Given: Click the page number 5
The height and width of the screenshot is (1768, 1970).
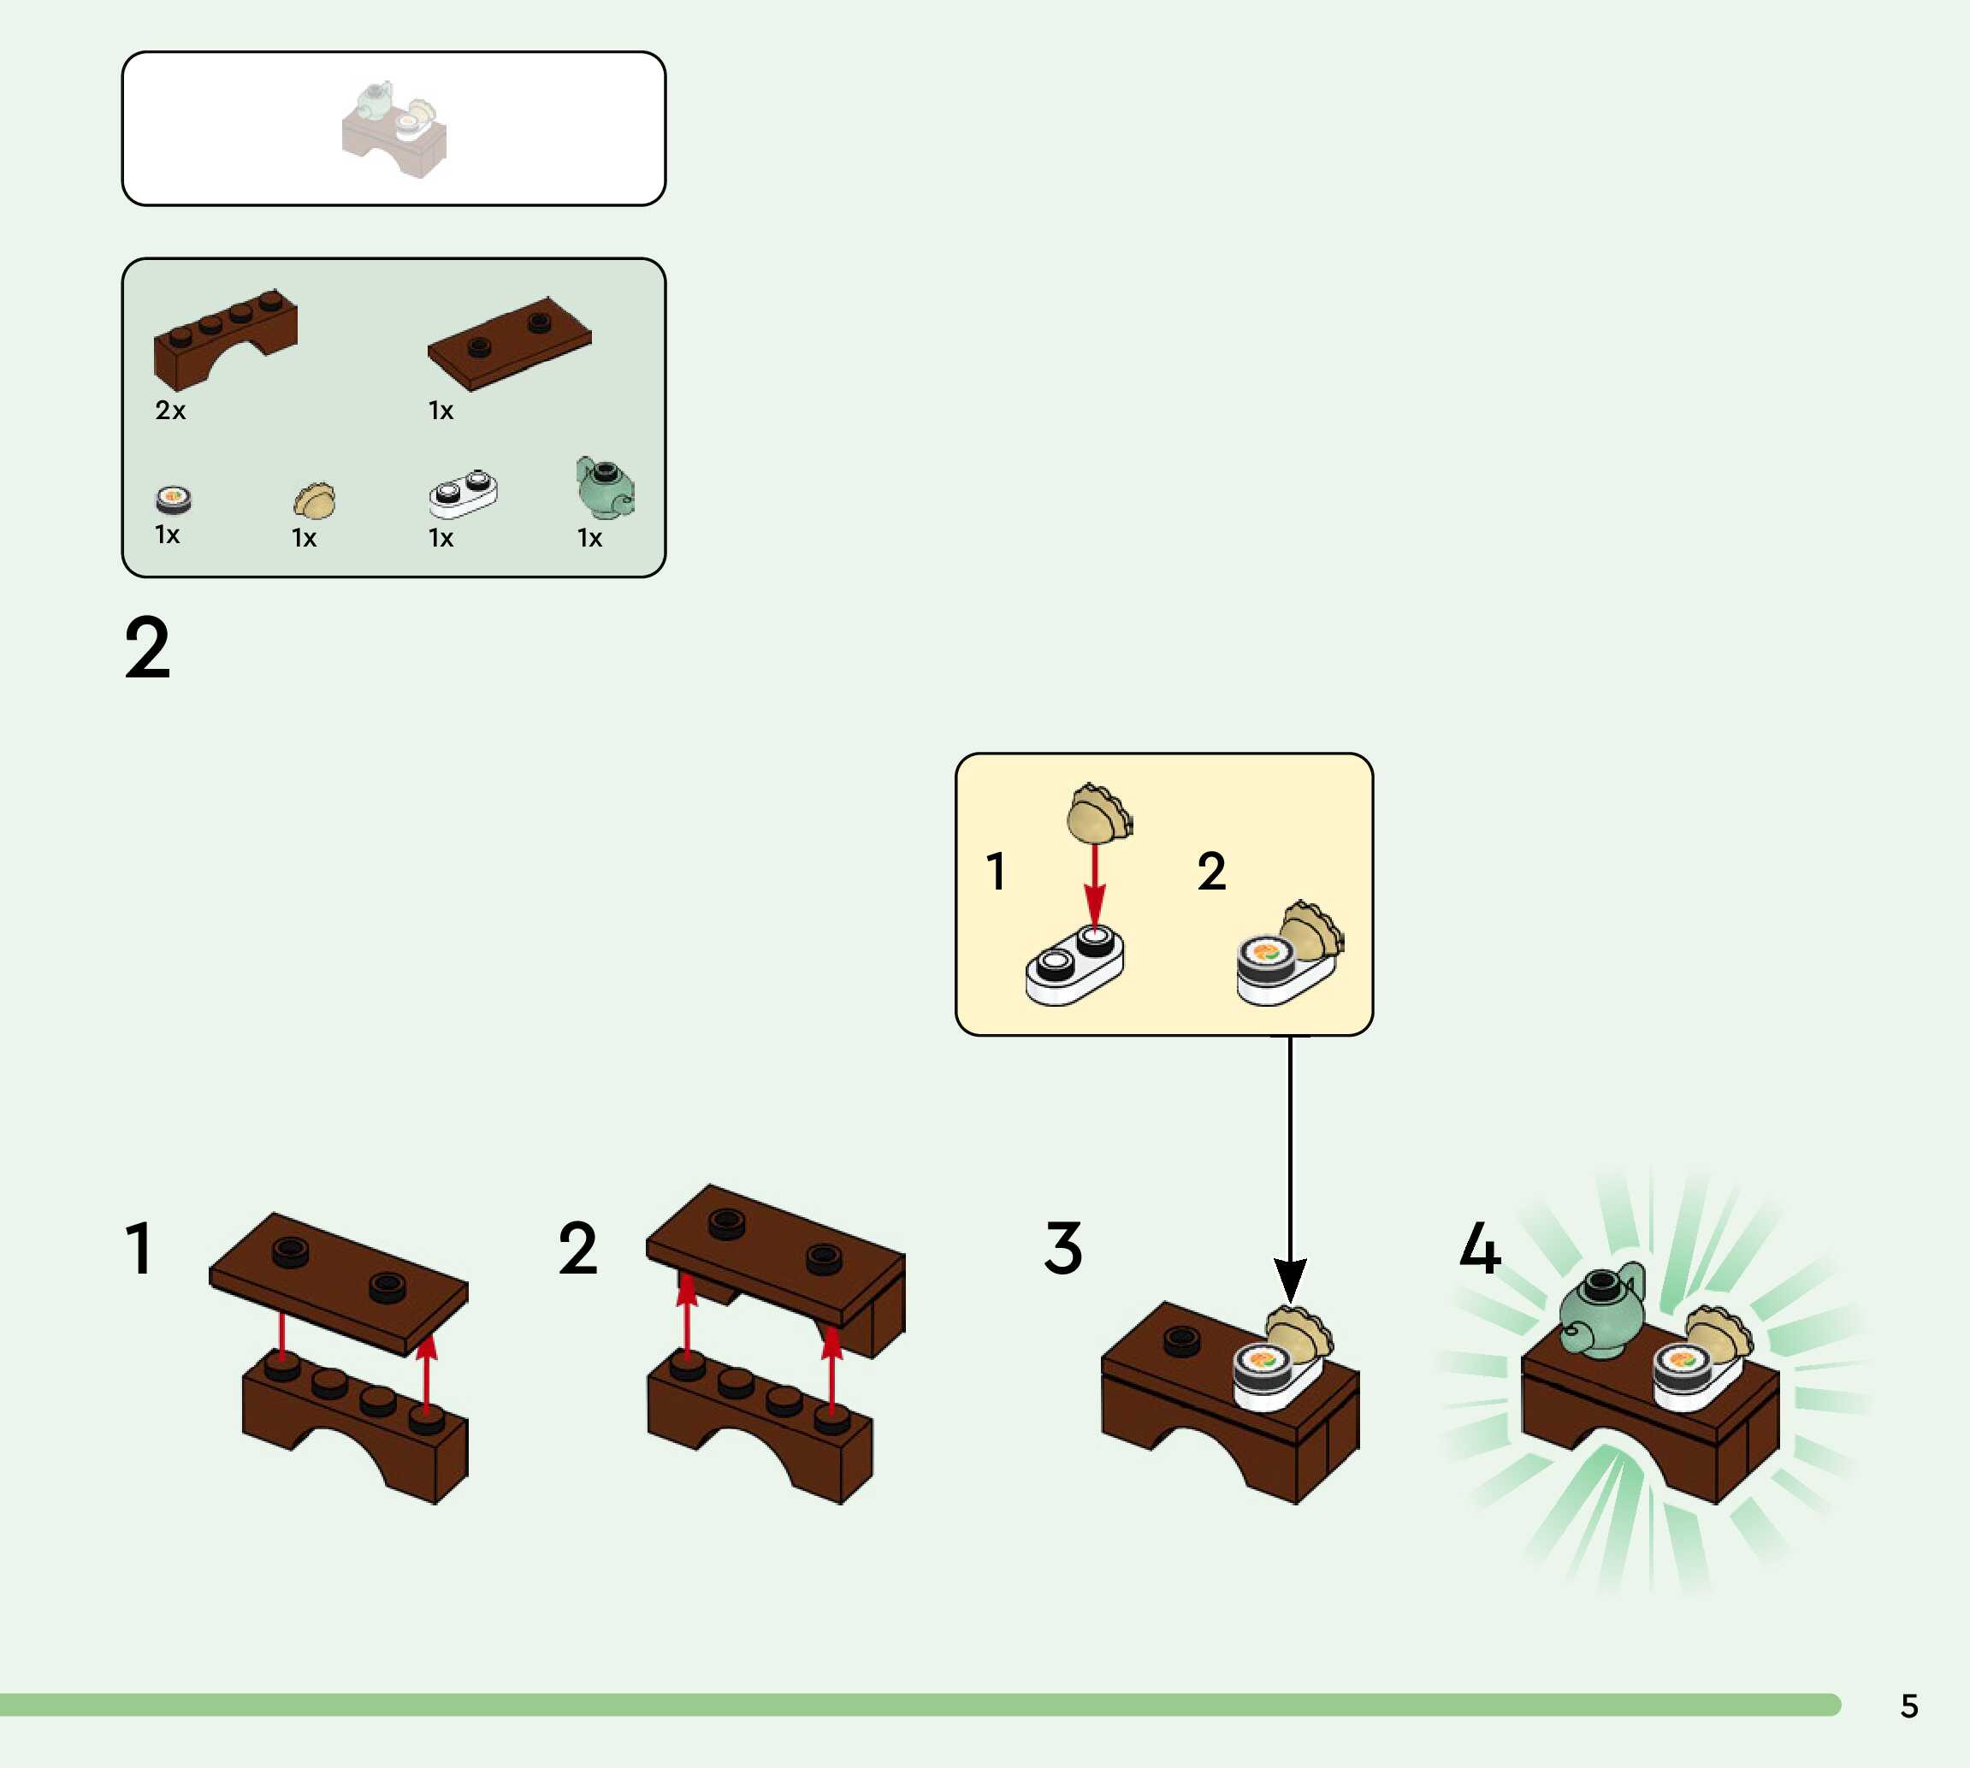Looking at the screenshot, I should click(1908, 1706).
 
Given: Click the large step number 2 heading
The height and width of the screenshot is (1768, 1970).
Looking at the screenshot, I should click(148, 648).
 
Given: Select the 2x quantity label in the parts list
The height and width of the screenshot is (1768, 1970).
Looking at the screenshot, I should click(170, 410).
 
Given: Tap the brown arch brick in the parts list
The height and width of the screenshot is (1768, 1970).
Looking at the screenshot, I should click(223, 337).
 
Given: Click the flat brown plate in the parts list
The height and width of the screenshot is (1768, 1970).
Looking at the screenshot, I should click(510, 343).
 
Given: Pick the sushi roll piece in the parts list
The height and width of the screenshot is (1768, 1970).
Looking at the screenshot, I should click(174, 499).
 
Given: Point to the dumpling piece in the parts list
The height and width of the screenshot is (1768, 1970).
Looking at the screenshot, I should click(315, 500).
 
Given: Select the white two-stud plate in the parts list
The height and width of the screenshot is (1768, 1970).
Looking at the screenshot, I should click(464, 493).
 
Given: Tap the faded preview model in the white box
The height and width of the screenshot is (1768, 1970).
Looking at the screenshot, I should click(394, 129).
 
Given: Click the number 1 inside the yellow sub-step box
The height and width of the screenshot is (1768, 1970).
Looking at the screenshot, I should click(996, 872).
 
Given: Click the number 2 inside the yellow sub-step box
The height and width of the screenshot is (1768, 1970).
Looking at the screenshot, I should click(1211, 872).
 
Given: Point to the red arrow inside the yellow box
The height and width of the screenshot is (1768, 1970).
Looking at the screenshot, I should click(1096, 884).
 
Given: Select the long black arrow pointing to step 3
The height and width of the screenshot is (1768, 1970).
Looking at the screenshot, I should click(1290, 1166).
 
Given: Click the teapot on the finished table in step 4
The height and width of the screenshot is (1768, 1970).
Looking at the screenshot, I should click(1603, 1311).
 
